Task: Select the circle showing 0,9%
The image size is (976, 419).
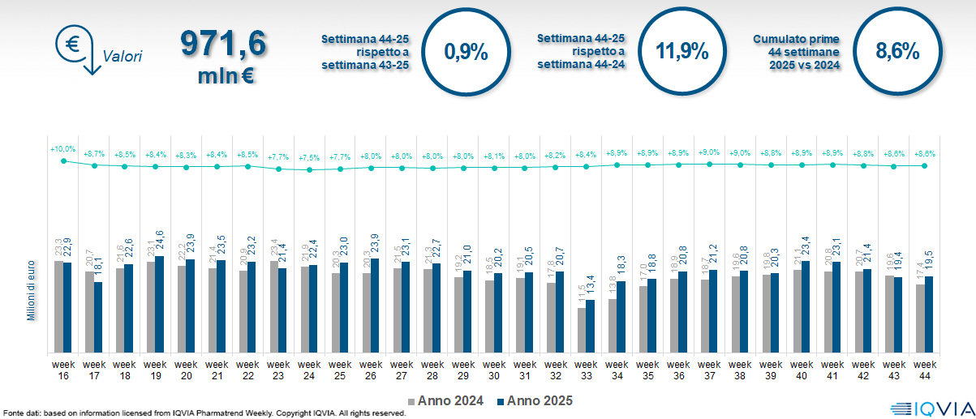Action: (467, 53)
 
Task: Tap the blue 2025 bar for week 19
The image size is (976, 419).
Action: (159, 304)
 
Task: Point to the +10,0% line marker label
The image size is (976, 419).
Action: (62, 149)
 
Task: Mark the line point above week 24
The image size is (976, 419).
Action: (309, 169)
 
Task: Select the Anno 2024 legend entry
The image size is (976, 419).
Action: (448, 400)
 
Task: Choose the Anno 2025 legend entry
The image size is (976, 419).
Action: (535, 400)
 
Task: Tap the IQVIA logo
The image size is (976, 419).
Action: (929, 409)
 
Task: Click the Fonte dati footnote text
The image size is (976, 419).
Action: (203, 413)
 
